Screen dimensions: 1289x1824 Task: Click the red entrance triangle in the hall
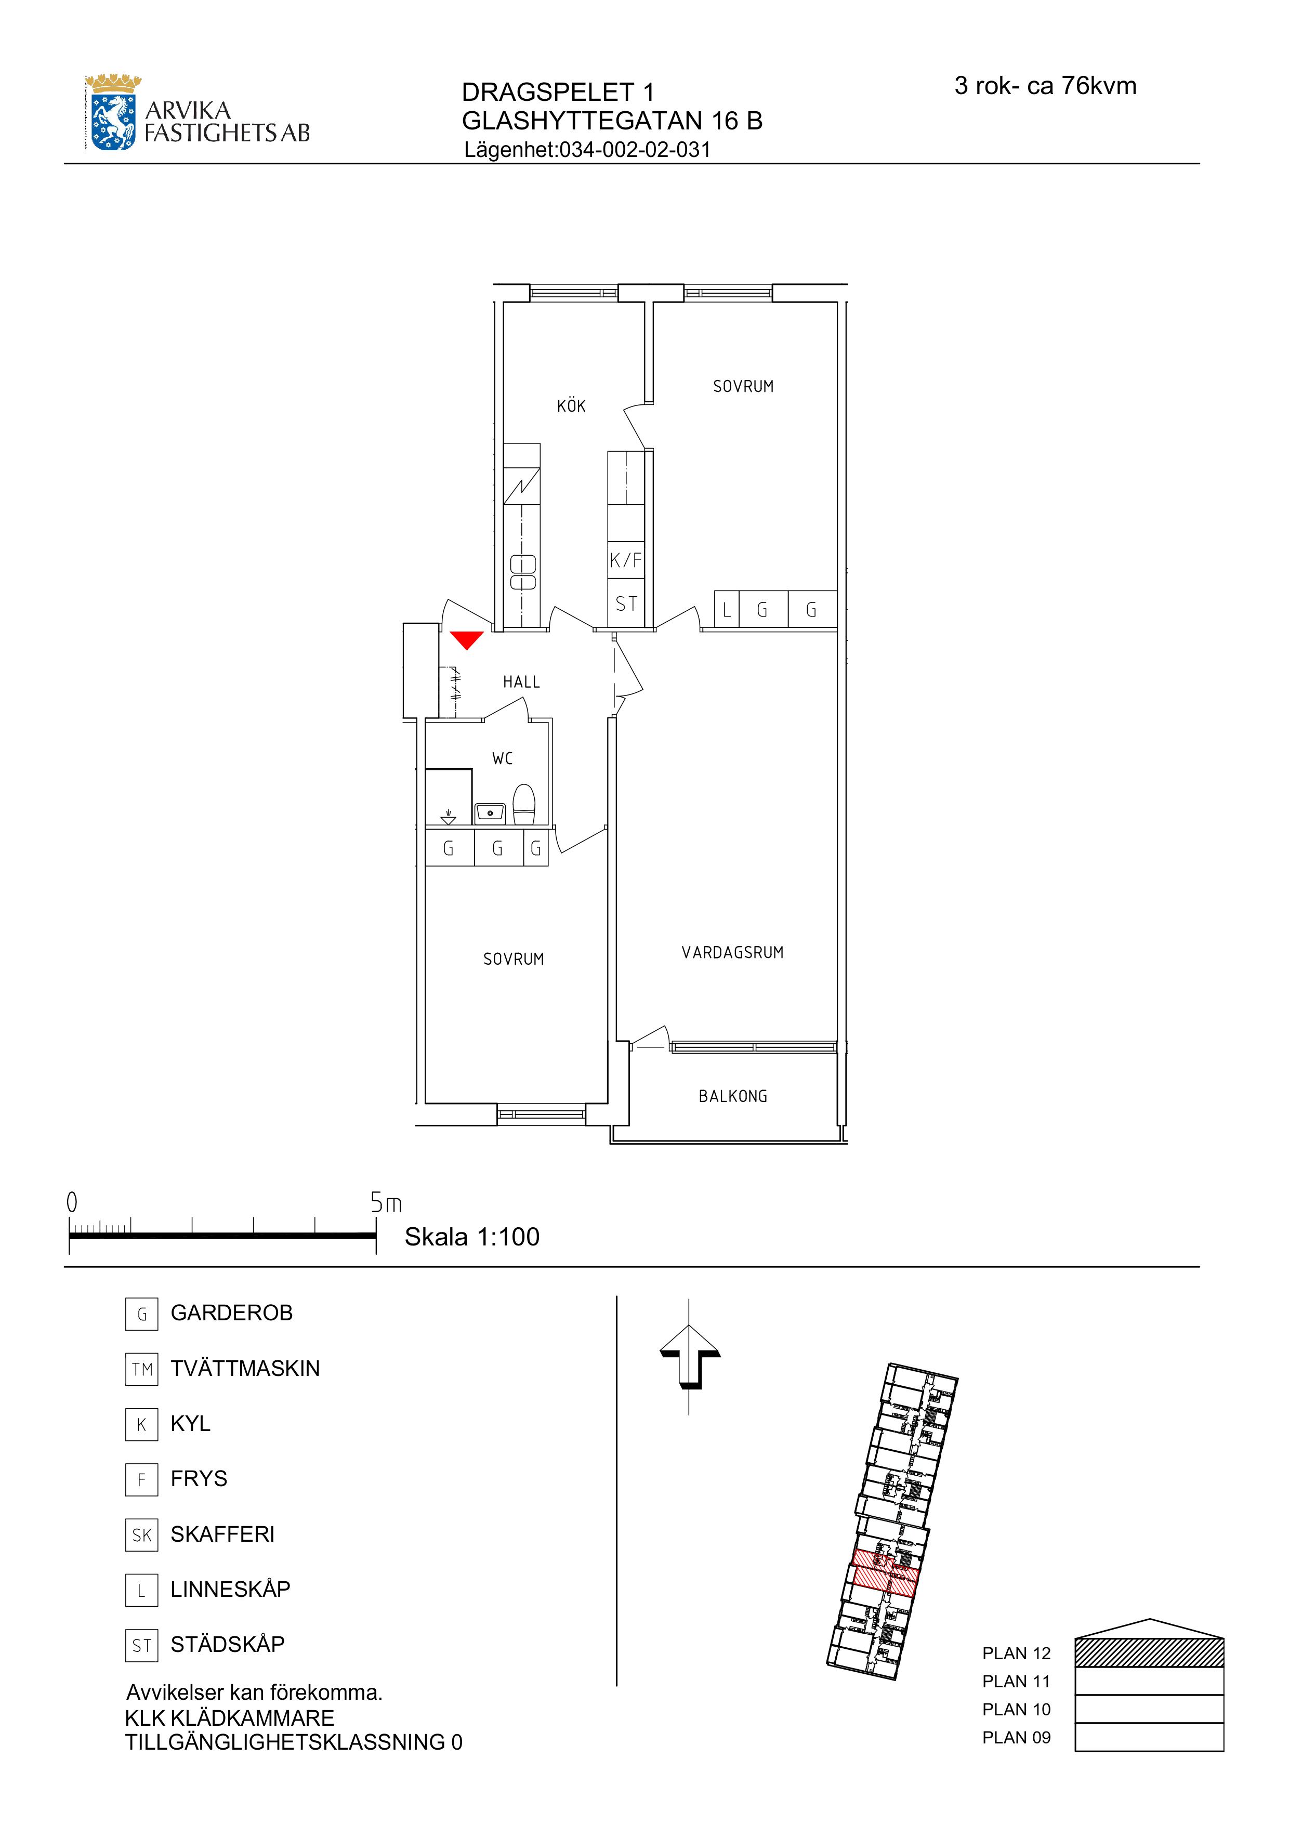coord(466,639)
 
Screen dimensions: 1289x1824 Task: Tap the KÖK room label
coord(571,406)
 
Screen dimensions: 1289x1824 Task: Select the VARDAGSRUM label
coord(732,952)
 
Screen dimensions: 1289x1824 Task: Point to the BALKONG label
coord(732,1096)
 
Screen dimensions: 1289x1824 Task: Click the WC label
coord(502,759)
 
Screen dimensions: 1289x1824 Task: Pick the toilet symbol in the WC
coord(524,805)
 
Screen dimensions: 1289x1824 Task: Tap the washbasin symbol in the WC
coord(490,812)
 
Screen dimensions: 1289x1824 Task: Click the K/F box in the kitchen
coord(626,560)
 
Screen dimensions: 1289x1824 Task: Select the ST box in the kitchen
coord(626,604)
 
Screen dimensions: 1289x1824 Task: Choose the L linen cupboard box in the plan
coord(727,609)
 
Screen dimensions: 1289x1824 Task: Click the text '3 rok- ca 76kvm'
coord(1045,86)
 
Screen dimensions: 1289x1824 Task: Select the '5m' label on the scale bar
coord(386,1203)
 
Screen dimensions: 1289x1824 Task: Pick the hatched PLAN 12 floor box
coord(1149,1652)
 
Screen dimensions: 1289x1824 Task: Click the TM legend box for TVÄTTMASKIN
coord(141,1369)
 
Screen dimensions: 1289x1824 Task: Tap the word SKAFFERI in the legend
coord(222,1534)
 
